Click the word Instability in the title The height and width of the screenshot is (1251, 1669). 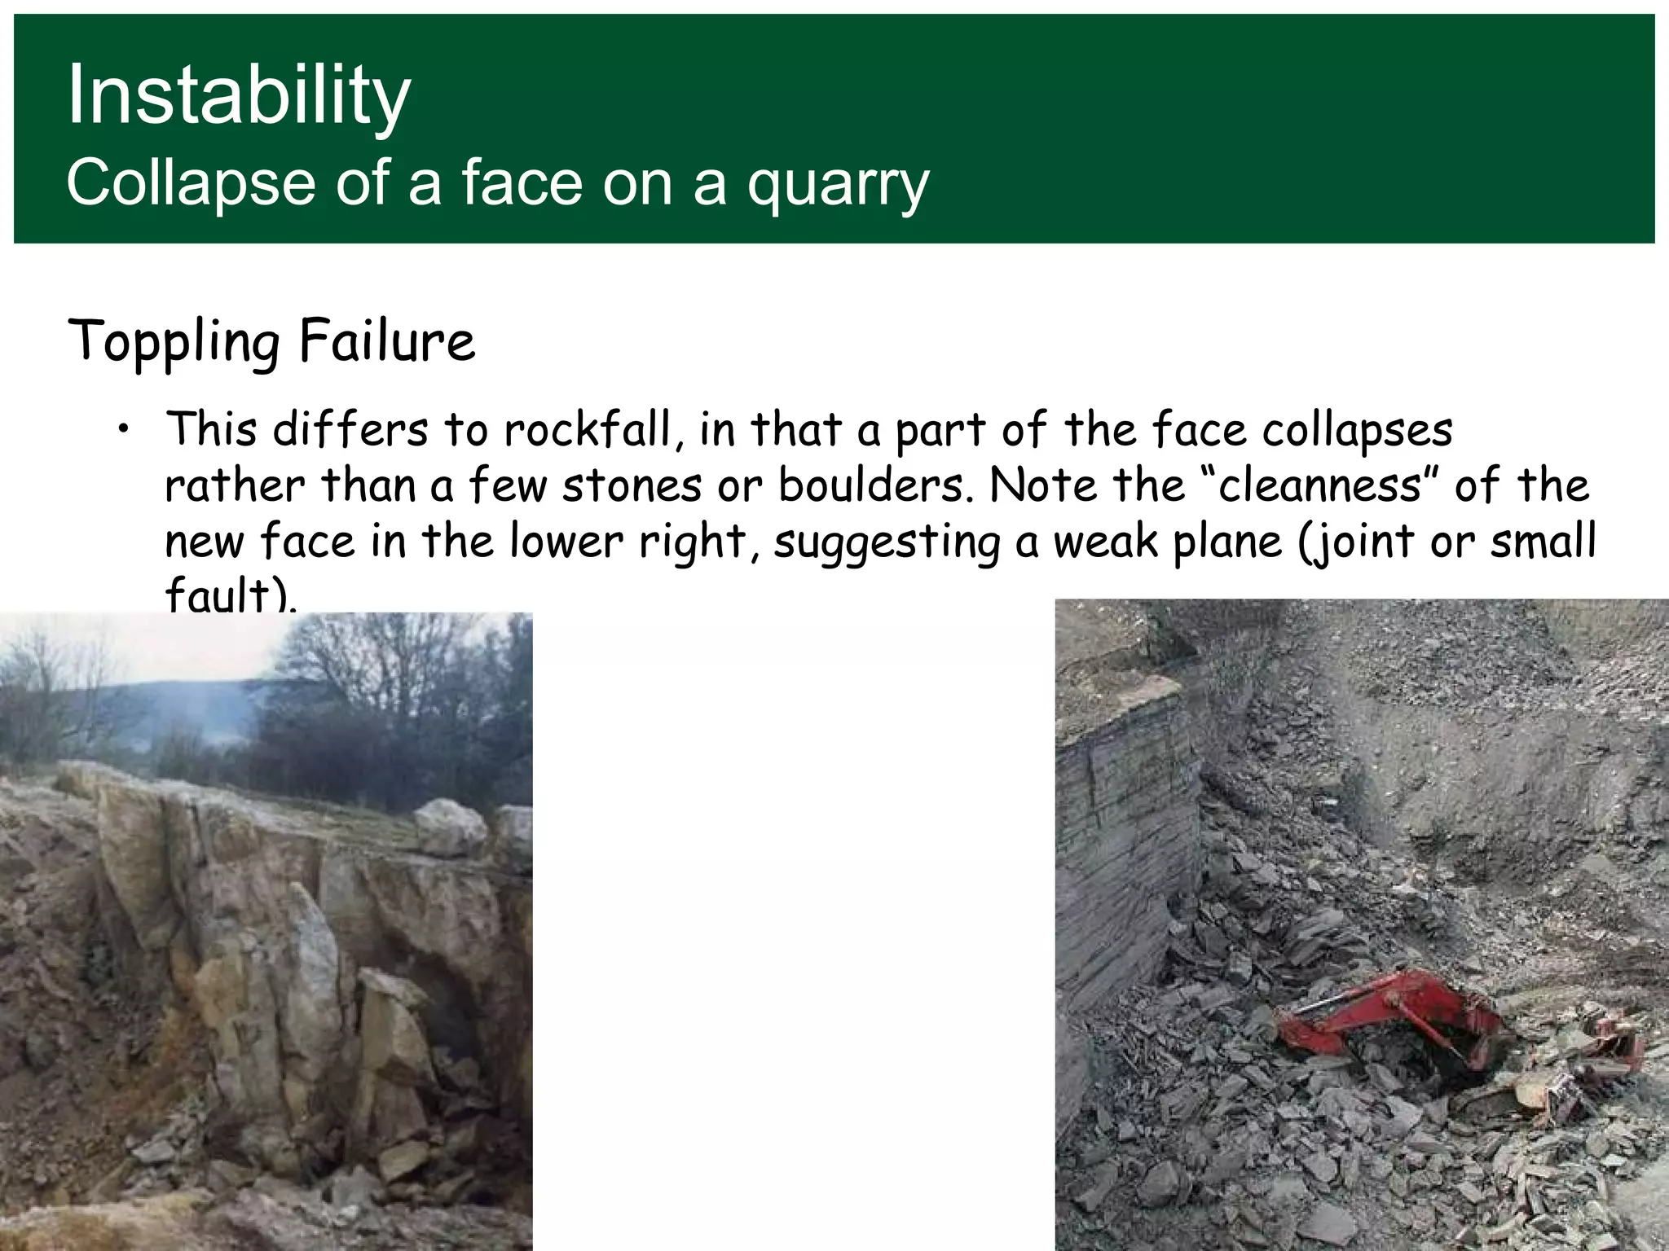click(238, 96)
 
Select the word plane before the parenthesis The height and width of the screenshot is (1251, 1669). click(1227, 542)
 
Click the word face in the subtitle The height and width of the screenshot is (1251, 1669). click(522, 184)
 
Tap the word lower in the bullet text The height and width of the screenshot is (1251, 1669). click(566, 542)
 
